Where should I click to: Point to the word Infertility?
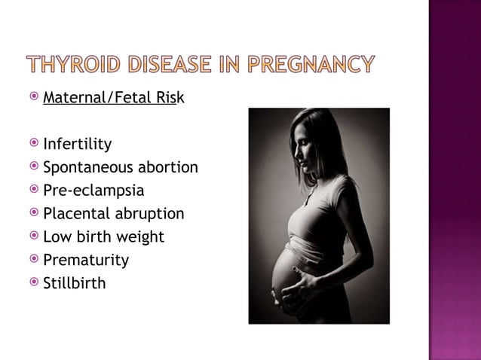click(78, 144)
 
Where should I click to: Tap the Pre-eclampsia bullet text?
click(93, 191)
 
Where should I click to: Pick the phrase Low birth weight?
click(104, 237)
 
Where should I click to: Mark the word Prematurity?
click(86, 261)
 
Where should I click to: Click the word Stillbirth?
click(75, 284)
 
